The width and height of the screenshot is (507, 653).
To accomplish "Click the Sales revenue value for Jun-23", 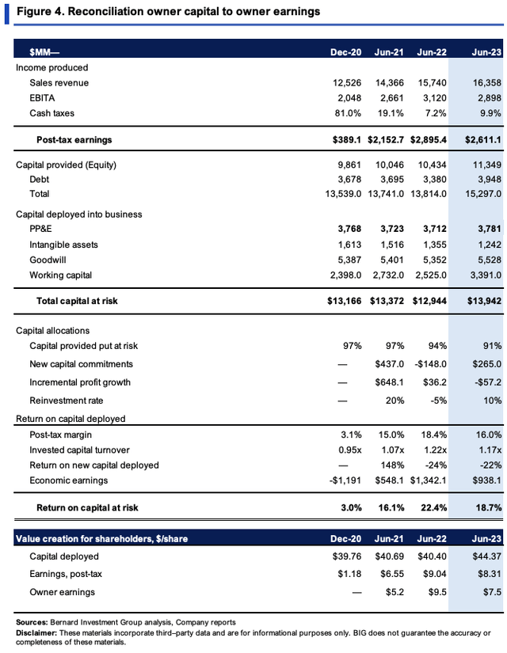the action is click(486, 83).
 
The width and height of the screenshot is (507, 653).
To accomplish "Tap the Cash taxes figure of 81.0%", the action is click(348, 113).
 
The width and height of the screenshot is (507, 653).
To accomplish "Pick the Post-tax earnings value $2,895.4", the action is click(429, 140).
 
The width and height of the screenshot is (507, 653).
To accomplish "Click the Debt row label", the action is click(39, 180).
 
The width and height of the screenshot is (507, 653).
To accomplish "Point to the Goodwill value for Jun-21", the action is click(391, 260).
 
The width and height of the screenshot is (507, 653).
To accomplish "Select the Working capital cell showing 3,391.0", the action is click(486, 275).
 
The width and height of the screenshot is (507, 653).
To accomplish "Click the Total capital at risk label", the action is click(77, 301).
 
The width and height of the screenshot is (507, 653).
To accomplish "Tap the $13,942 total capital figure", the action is click(484, 301).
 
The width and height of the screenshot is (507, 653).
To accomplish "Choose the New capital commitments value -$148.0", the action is click(430, 364).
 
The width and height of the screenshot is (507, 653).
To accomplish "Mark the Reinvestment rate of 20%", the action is click(395, 401).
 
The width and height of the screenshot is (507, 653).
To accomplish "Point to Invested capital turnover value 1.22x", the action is click(435, 450).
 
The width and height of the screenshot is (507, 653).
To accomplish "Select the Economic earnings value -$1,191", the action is click(345, 480).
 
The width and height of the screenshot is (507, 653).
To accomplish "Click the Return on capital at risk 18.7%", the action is click(489, 507).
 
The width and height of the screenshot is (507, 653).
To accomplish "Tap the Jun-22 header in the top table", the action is click(432, 52).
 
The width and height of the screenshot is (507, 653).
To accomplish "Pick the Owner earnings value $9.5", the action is click(437, 592).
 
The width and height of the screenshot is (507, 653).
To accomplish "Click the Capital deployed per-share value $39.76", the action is click(347, 556).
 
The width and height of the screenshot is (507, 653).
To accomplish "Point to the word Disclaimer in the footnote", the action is click(36, 633).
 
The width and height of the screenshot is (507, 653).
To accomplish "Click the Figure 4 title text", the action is click(169, 11).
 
